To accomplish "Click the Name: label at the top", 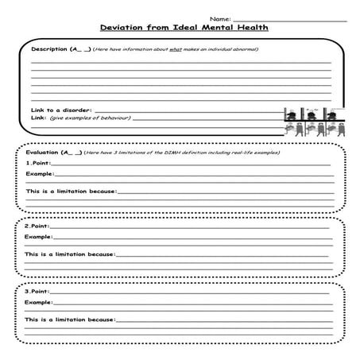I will [220, 17].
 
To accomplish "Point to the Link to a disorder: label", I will [61, 110].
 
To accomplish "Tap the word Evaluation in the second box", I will [43, 152].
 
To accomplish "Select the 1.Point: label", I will [37, 163].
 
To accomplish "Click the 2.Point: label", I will [37, 226].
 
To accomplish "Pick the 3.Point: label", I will [37, 291].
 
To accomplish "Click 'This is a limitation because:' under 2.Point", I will [70, 254].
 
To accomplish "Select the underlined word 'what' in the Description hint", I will [172, 49].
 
